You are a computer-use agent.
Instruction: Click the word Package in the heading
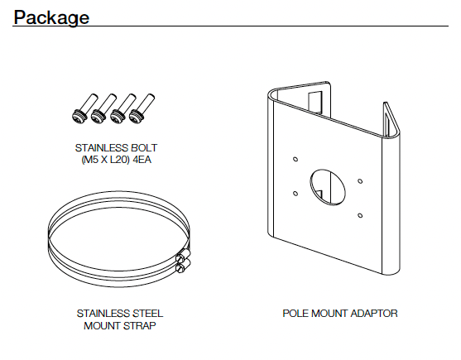coord(51,17)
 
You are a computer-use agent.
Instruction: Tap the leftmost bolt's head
coord(79,116)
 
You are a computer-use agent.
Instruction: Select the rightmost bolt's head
coord(137,116)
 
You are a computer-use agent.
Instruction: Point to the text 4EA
coord(142,160)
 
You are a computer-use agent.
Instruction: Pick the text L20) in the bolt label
coord(120,160)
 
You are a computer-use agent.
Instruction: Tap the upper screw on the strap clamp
coord(183,256)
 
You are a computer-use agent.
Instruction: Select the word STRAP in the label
coord(140,325)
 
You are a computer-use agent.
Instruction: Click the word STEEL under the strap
coord(148,314)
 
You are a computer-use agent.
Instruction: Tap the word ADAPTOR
coord(374,314)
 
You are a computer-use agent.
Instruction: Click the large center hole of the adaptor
coord(328,186)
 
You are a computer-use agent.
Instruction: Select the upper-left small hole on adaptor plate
coord(295,159)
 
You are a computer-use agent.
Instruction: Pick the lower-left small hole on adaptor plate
coord(295,194)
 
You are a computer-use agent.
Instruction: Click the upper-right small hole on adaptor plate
coord(360,181)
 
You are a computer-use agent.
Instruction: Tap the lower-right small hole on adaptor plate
coord(360,215)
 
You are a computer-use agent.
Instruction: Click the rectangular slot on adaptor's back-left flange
coord(315,103)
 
